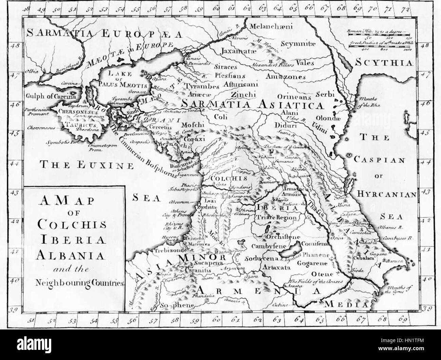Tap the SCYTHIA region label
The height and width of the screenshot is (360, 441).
tap(385, 63)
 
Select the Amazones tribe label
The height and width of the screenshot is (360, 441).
tap(285, 77)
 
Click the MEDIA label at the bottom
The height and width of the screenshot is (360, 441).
tap(346, 304)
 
